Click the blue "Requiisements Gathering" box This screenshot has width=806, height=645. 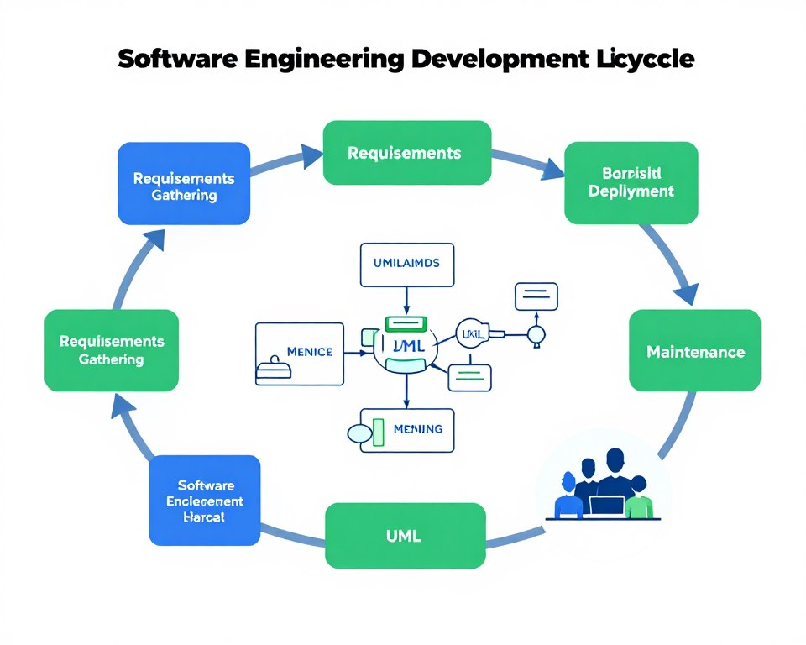coord(184,184)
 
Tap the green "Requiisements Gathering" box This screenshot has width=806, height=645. coord(112,350)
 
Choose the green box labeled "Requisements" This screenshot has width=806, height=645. coord(406,153)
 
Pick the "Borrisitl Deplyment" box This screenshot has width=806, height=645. coord(631,182)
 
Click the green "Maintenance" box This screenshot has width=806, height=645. coord(694,350)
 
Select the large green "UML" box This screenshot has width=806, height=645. coord(405,535)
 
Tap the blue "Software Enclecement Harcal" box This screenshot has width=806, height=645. coord(204,501)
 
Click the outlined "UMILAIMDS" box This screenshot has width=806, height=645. coord(406,263)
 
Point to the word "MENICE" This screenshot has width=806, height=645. coord(309,351)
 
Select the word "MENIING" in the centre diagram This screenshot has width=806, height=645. coord(418,429)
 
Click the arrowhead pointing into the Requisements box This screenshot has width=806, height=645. coord(311,155)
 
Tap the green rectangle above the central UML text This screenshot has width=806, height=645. coord(406,323)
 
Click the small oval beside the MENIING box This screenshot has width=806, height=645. coord(359,434)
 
